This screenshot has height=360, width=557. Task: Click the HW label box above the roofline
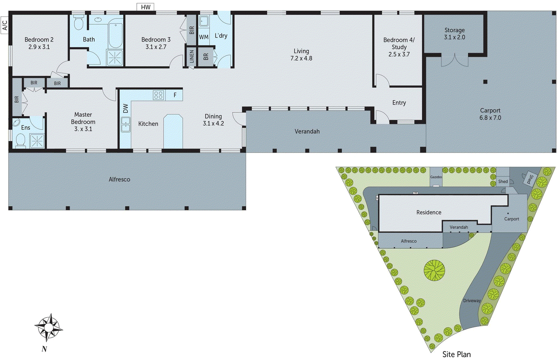[x=146, y=7]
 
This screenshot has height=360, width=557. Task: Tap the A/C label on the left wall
[x=5, y=25]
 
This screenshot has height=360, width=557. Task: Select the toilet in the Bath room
[x=79, y=23]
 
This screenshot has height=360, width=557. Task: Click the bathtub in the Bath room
[x=115, y=35]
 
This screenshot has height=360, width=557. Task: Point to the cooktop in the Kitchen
[x=158, y=95]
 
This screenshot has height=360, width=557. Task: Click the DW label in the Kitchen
[x=126, y=108]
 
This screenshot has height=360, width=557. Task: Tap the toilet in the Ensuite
[x=21, y=141]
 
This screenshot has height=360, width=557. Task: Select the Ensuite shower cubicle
[x=37, y=141]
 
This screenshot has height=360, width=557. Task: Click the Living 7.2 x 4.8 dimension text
[x=301, y=58]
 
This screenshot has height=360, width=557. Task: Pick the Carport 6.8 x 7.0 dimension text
[x=490, y=118]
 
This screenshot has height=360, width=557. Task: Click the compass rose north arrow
[x=49, y=327]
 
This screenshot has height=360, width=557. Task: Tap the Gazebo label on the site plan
[x=436, y=177]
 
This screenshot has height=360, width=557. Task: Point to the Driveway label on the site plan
[x=472, y=301]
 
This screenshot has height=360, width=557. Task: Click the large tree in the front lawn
[x=434, y=270]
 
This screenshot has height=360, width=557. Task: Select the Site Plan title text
[x=456, y=354]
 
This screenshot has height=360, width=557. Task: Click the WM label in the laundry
[x=204, y=37]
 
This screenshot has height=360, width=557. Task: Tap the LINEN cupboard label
[x=191, y=56]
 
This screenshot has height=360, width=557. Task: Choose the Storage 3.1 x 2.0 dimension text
[x=454, y=37]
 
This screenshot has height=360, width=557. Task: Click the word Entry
[x=399, y=103]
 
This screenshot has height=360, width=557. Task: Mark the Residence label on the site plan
[x=429, y=212]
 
